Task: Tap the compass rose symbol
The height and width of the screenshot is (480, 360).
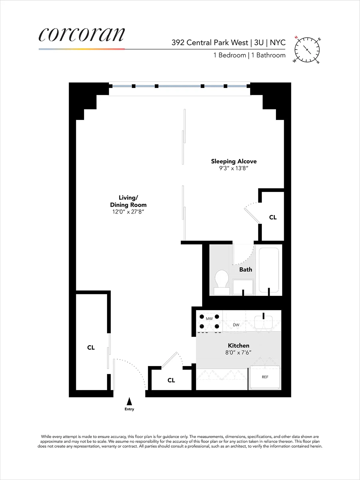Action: [x=307, y=49]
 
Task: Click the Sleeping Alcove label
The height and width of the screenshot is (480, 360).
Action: [x=234, y=161]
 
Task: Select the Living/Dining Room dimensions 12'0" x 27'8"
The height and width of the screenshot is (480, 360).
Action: [x=128, y=212]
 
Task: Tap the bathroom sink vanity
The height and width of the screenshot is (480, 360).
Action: [x=243, y=286]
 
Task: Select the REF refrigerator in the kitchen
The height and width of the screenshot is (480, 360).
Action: [x=265, y=377]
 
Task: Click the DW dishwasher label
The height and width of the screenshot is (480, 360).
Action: [x=236, y=325]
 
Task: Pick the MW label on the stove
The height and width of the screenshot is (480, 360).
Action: [x=209, y=319]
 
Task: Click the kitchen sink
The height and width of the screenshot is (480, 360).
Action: [x=263, y=322]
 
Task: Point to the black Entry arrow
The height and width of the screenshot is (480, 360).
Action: [x=129, y=401]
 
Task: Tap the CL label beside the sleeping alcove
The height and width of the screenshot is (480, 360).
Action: [x=273, y=217]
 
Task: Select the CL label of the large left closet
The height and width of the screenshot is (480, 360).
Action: [x=91, y=347]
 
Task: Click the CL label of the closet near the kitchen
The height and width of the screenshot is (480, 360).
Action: [x=171, y=380]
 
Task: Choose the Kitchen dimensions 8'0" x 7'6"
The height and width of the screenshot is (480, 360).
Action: [x=238, y=352]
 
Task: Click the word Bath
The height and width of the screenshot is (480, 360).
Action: [x=245, y=269]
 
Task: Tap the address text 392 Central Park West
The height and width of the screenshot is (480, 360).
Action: [x=210, y=43]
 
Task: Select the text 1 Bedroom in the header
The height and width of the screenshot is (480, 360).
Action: [x=229, y=55]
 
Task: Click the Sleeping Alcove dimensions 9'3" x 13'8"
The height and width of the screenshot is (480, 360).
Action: [x=234, y=168]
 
